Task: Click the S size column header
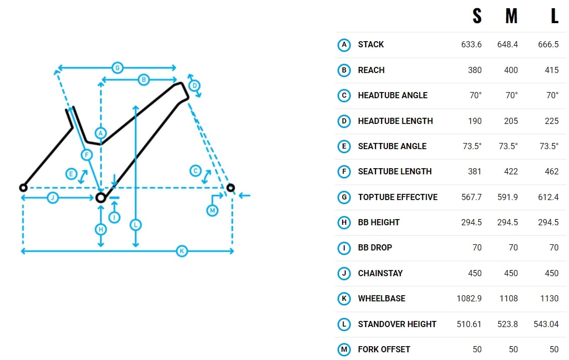(x=477, y=16)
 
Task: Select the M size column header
(x=511, y=16)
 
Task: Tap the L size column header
(x=554, y=16)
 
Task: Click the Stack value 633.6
(x=471, y=45)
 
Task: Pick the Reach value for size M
(x=511, y=70)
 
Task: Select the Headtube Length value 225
(x=552, y=121)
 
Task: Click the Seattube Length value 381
(x=475, y=171)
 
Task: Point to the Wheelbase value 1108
(x=508, y=298)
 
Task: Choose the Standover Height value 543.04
(x=546, y=324)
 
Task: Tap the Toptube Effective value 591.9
(x=508, y=197)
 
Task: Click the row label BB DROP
(x=375, y=247)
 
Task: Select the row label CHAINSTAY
(x=380, y=273)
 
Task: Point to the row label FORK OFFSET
(x=384, y=350)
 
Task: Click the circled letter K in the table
(x=344, y=299)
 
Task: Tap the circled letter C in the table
(x=344, y=96)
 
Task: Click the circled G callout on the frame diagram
(x=117, y=67)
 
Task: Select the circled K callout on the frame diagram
(x=182, y=251)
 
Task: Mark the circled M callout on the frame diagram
(x=212, y=210)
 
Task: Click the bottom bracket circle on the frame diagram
(x=100, y=198)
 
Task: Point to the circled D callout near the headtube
(x=194, y=86)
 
